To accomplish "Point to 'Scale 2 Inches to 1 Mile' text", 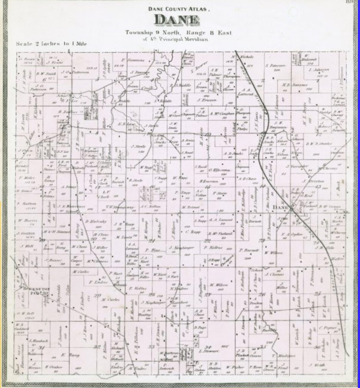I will click(x=52, y=44).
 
